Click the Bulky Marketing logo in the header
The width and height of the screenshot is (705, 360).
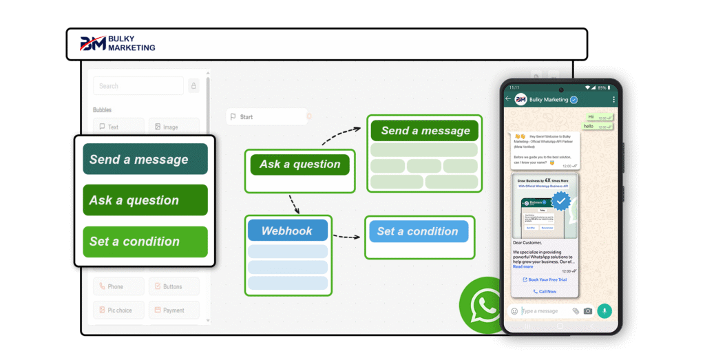point(118,44)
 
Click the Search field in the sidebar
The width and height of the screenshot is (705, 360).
point(138,86)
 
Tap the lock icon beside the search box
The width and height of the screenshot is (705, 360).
point(193,86)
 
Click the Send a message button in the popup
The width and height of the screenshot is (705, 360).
point(145,159)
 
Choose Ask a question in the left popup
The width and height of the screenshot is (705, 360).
point(145,200)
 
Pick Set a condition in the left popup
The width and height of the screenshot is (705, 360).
point(145,242)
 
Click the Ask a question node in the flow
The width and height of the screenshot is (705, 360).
point(299,165)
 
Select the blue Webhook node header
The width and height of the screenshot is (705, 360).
point(287,231)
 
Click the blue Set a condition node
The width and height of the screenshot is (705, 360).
point(419,231)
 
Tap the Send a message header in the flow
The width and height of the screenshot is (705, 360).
point(425,131)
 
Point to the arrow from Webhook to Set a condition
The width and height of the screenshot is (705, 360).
point(347,237)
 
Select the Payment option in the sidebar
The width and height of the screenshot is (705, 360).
point(173,310)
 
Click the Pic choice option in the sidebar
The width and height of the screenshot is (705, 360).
point(118,310)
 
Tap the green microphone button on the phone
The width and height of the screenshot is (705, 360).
point(604,310)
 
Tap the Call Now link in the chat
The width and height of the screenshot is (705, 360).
point(545,291)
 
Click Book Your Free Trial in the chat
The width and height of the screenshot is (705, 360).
point(545,279)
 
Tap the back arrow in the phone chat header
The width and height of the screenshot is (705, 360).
point(508,99)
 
